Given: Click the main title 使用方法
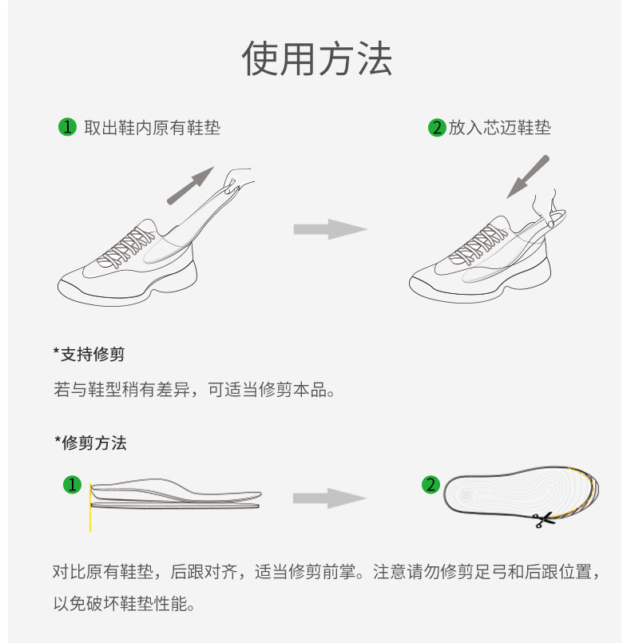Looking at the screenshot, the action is coord(316,58).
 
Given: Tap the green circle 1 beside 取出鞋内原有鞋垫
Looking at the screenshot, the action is coord(67,127).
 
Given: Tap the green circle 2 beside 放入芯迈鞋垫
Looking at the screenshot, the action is coord(437,128).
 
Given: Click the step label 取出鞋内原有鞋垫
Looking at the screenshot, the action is coord(152,128).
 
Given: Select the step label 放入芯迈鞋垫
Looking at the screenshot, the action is coord(499,127).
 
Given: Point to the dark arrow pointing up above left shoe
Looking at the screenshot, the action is coord(190,185).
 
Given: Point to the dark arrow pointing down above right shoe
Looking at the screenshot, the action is coord(528,177).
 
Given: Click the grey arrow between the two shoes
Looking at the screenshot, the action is coord(331,229).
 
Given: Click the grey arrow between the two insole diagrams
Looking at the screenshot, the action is coord(330,498).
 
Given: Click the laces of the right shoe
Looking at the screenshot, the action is coord(478,243).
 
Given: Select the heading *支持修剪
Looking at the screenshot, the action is coord(89,354).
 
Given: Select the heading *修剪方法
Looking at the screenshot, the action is coord(90,443).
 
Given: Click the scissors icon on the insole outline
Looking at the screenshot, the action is coord(542,519).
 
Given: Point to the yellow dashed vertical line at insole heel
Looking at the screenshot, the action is coord(90,508).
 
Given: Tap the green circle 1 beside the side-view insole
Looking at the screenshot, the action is coord(72,485).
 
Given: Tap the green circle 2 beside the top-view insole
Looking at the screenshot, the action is coord(431,484).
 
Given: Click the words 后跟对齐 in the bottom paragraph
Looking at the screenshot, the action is coord(204,572).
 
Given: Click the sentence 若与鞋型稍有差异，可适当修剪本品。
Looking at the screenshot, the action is coord(195,390).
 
